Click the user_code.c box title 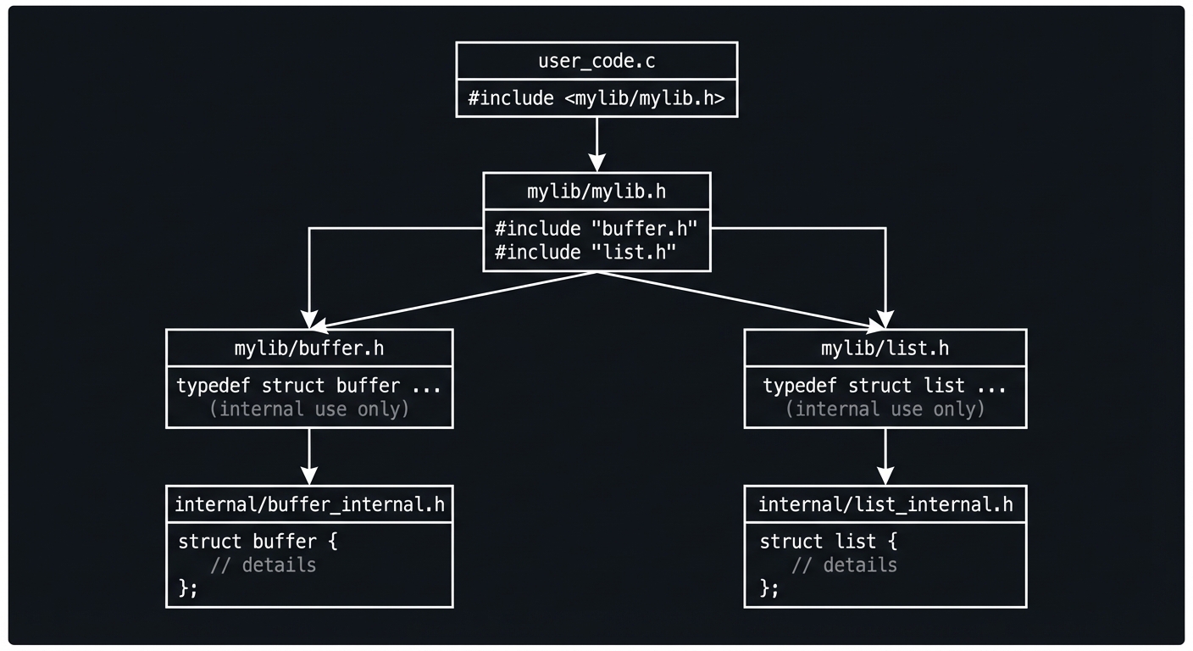(x=596, y=61)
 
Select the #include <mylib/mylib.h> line (x=596, y=98)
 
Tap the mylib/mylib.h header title (x=596, y=192)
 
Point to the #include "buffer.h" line (x=596, y=229)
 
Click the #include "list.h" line (x=585, y=252)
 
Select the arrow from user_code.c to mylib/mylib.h (x=596, y=144)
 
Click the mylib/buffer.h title (x=309, y=348)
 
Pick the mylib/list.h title (x=885, y=348)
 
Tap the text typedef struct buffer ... (x=308, y=386)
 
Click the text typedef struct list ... (x=885, y=386)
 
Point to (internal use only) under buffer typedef (x=309, y=409)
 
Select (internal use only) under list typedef (x=885, y=409)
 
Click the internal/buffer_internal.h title (x=309, y=505)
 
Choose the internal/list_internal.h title (x=885, y=505)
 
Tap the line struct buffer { (x=258, y=542)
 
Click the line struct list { (x=828, y=542)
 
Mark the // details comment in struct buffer (x=263, y=565)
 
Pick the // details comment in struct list (x=844, y=565)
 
